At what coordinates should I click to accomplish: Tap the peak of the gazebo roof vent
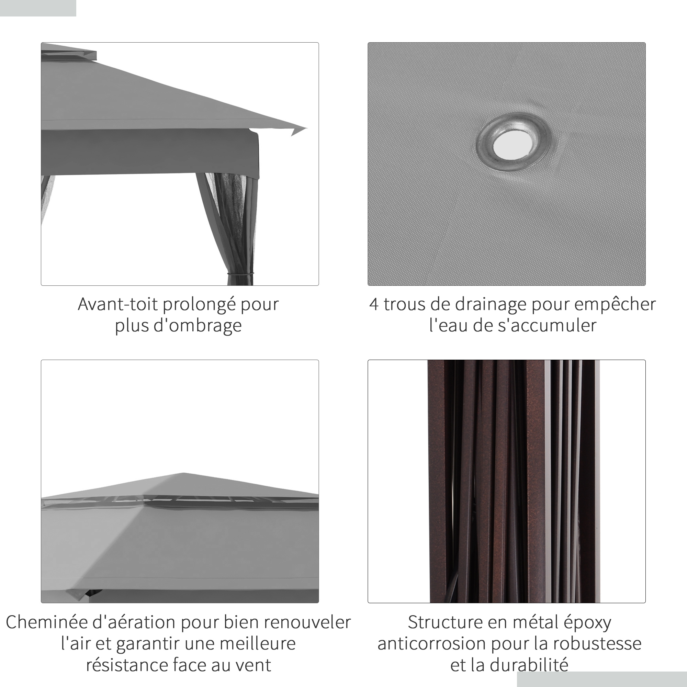183,473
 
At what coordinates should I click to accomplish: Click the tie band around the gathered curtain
241,274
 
